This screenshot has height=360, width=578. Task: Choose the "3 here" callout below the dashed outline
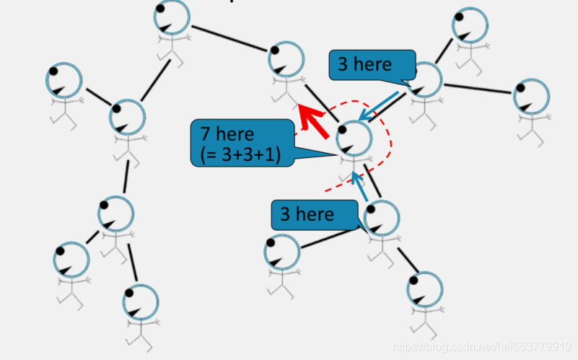(x=307, y=214)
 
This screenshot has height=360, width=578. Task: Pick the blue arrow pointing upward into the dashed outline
(x=360, y=186)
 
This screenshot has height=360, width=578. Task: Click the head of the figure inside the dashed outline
(x=354, y=136)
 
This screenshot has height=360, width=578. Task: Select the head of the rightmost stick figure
(x=532, y=97)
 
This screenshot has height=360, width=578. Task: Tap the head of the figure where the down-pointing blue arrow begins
(x=425, y=79)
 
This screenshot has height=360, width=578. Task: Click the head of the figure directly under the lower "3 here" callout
(x=282, y=253)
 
